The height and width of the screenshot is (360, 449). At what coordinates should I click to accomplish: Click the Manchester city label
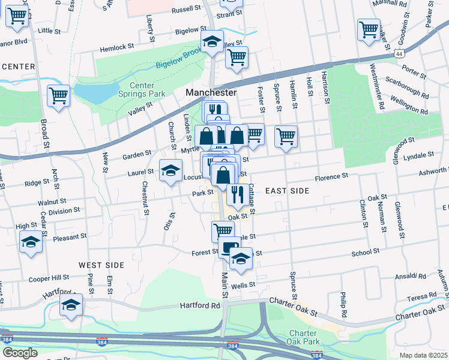coord(211,93)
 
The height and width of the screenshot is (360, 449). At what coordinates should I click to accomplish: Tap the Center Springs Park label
coord(146,90)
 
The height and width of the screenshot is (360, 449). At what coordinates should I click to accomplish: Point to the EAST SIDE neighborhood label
coord(287,191)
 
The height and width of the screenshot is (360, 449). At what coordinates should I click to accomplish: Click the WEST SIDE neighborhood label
coord(101,265)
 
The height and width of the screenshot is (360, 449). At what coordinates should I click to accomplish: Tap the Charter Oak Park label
coord(307,337)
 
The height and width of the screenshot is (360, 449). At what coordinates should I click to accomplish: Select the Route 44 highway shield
coord(399,54)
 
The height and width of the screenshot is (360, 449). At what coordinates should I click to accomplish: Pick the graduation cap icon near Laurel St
coord(170,170)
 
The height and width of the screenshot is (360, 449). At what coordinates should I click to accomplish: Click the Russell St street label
coord(186,10)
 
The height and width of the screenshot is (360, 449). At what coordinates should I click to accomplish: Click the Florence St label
coord(333,177)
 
